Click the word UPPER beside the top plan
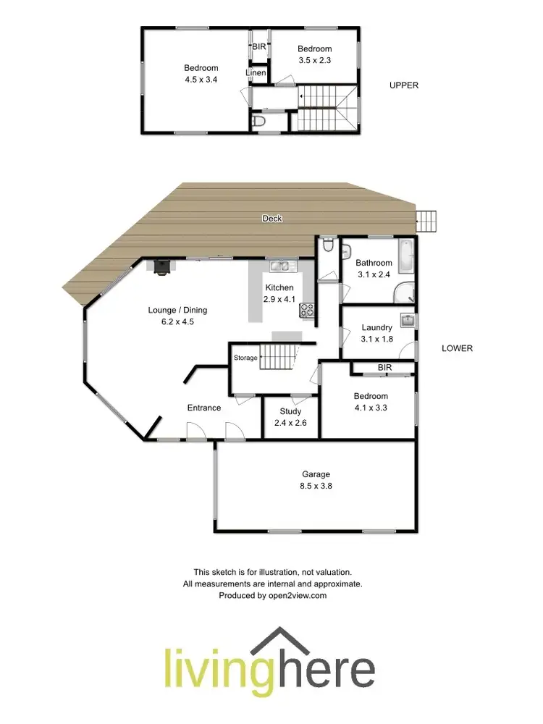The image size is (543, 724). coord(404,85)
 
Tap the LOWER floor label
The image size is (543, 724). coord(457,348)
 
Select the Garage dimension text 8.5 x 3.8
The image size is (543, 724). coord(316,487)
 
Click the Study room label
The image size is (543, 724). coord(290,411)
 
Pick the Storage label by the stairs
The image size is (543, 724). coord(245,358)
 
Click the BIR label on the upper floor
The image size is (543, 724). coord(259,47)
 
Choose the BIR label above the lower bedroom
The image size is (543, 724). coord(384,369)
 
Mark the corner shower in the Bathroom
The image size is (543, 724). coord(405,292)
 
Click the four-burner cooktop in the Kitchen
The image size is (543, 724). coord(306,310)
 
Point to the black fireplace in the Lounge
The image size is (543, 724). coord(161,267)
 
